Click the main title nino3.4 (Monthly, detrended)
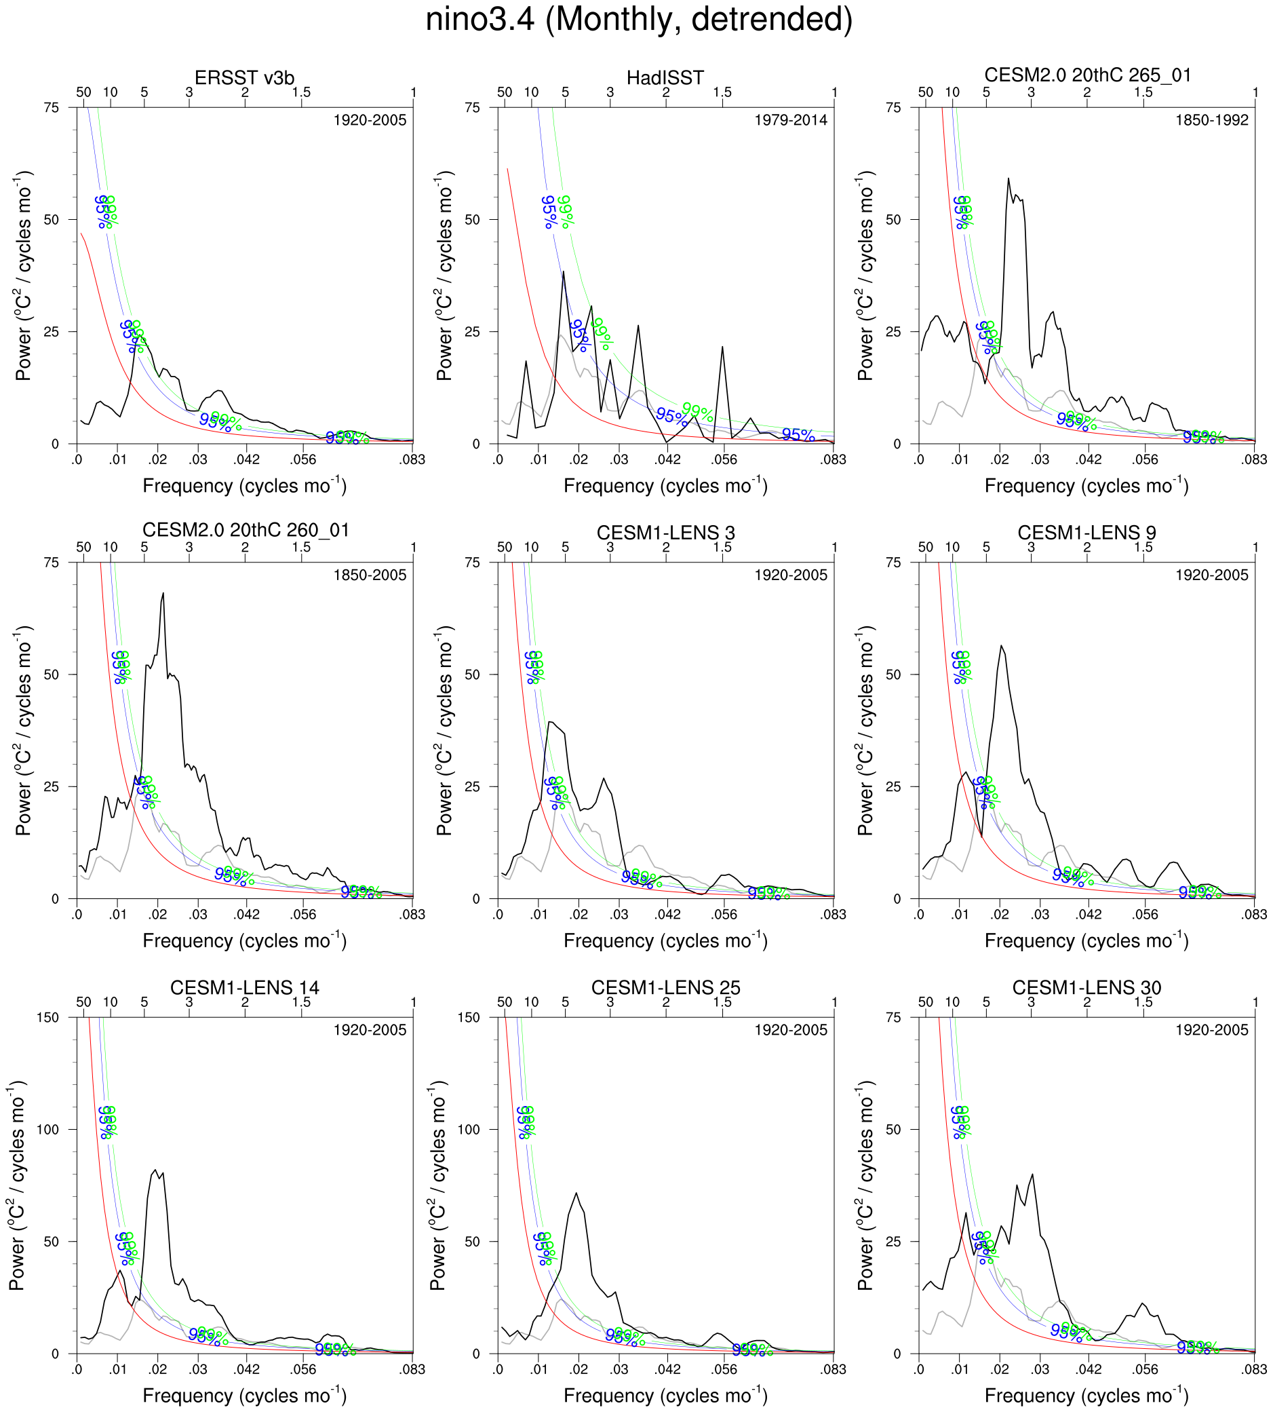pos(639,20)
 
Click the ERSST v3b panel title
pos(244,77)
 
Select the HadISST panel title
pos(665,77)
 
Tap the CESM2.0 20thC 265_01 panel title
pos(1087,75)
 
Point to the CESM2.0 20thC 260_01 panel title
pos(245,531)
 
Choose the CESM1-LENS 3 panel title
pos(665,533)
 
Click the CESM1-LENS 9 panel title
pos(1086,533)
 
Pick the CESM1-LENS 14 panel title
pos(244,988)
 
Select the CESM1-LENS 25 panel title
pos(665,988)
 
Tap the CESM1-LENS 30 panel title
pos(1086,988)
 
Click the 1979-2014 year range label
pos(790,120)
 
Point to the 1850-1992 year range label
pos(1211,120)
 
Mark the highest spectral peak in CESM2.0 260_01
pos(163,593)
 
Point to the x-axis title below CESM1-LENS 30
pos(1086,1394)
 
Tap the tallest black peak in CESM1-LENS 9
pos(1001,645)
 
